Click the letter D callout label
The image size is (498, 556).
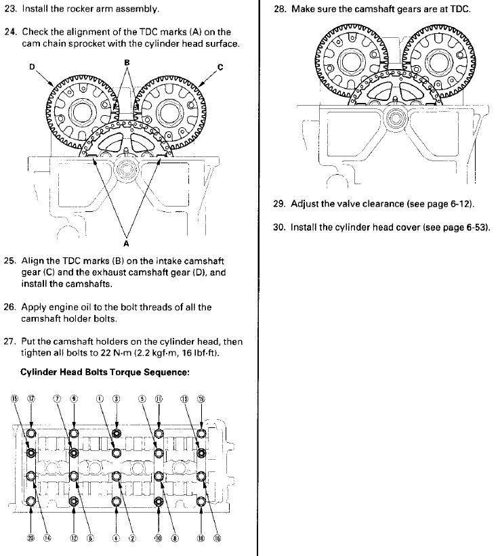30,67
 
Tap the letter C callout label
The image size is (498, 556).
220,67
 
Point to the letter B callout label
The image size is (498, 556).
126,62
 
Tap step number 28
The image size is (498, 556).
279,10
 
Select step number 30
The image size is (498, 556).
279,228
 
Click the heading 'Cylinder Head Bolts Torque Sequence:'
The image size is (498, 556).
105,372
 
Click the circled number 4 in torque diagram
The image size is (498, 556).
116,538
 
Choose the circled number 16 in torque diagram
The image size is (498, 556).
217,538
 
